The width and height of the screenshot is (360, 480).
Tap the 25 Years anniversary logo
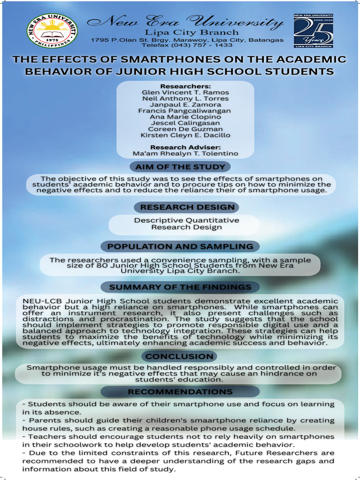(x=313, y=31)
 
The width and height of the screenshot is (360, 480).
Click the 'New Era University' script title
(x=185, y=22)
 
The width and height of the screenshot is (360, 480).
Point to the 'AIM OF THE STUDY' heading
(x=180, y=167)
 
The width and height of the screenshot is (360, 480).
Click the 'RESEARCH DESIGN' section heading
(x=187, y=207)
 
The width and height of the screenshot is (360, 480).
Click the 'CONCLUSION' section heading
(x=180, y=356)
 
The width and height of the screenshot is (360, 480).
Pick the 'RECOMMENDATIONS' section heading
(x=180, y=391)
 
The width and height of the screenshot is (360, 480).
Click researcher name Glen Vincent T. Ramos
(x=185, y=92)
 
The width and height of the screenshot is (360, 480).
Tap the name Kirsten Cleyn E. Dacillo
(x=185, y=135)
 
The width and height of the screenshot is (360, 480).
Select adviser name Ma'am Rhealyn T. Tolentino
(x=185, y=153)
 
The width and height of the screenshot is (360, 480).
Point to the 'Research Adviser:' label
(x=185, y=147)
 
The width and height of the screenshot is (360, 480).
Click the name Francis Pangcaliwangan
(x=185, y=111)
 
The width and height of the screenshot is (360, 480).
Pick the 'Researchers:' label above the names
(x=185, y=86)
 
